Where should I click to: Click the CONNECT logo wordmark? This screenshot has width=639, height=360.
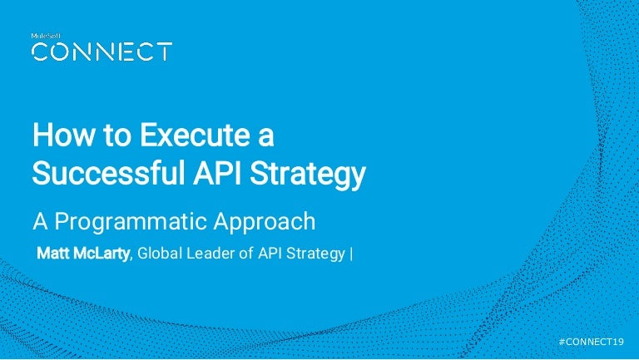(102, 52)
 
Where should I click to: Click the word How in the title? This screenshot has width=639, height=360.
(57, 135)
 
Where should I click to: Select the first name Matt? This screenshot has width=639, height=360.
(56, 254)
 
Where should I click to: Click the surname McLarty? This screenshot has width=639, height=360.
(103, 254)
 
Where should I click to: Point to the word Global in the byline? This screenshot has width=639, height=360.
(161, 254)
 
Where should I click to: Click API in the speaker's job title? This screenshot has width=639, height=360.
(266, 254)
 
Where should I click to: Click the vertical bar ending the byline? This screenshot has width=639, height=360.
(351, 254)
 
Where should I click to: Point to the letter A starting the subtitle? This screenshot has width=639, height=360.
(39, 223)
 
